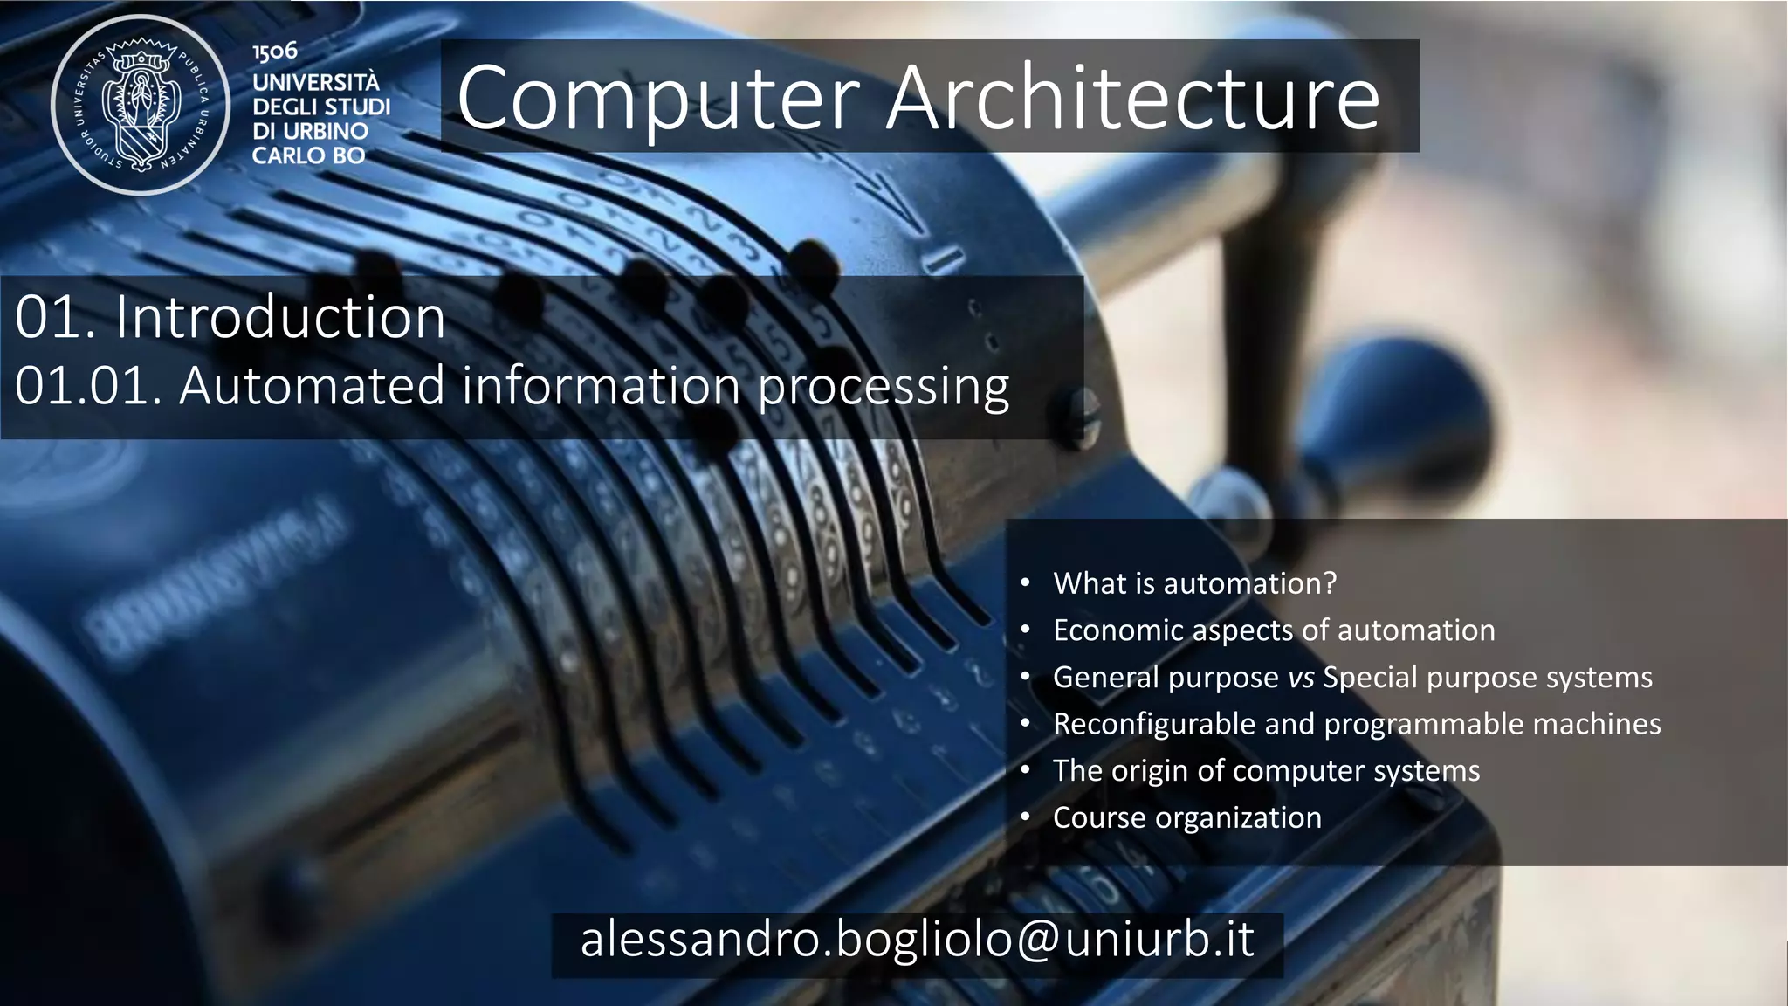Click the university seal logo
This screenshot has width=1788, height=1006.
140,106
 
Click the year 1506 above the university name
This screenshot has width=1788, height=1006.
275,52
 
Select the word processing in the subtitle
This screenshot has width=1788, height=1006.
883,386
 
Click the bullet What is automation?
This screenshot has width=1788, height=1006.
1194,583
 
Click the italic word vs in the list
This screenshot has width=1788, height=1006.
1301,678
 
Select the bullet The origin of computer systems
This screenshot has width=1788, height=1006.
1266,771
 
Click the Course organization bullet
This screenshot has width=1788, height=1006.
1186,818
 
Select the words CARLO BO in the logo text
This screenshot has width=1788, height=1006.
308,156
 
